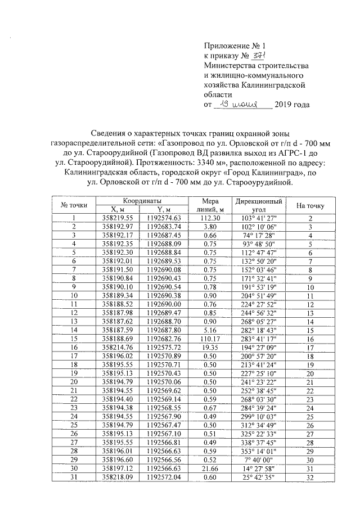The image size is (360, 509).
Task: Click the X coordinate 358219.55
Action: (x=118, y=218)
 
